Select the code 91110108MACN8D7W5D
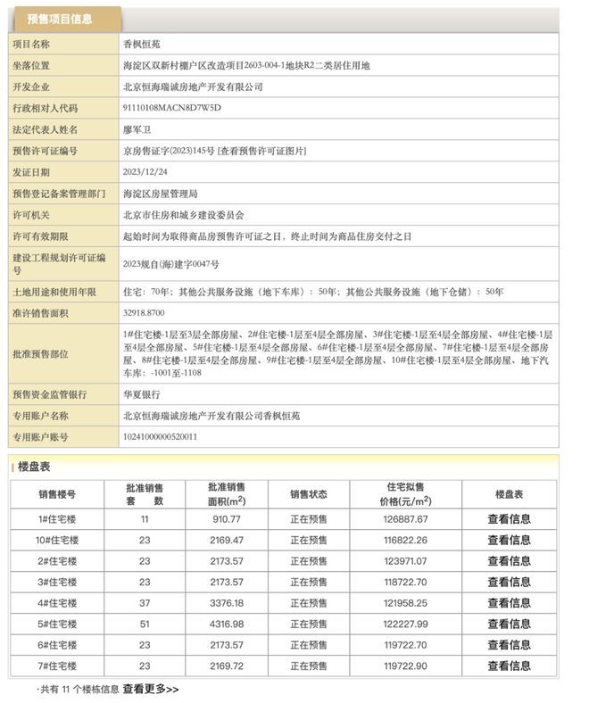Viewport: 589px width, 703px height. click(171, 108)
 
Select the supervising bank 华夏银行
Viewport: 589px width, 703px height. click(141, 393)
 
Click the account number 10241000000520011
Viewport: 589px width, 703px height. click(161, 437)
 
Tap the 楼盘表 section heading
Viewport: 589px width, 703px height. click(34, 467)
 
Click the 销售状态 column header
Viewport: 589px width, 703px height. click(308, 494)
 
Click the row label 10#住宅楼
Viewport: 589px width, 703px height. click(56, 540)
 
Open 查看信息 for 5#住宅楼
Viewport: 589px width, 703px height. click(509, 624)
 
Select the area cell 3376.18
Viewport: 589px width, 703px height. click(226, 603)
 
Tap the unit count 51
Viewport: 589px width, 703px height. click(145, 624)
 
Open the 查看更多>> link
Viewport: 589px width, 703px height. click(151, 689)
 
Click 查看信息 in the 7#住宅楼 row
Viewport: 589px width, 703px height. click(509, 666)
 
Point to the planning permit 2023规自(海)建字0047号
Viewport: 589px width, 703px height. click(170, 264)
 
